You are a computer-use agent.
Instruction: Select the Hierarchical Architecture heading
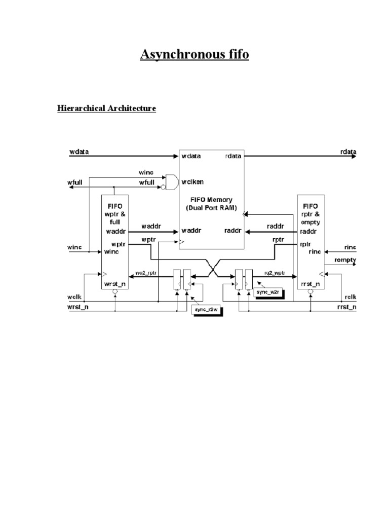[106, 108]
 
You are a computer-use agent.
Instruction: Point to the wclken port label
[193, 181]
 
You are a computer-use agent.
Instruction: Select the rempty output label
[345, 260]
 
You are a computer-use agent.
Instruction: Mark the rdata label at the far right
[348, 152]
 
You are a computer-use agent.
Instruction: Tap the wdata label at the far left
[77, 152]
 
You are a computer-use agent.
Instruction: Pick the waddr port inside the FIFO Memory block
[191, 231]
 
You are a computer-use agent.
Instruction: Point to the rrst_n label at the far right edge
[347, 307]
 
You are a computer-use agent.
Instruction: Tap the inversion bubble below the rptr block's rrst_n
[310, 292]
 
